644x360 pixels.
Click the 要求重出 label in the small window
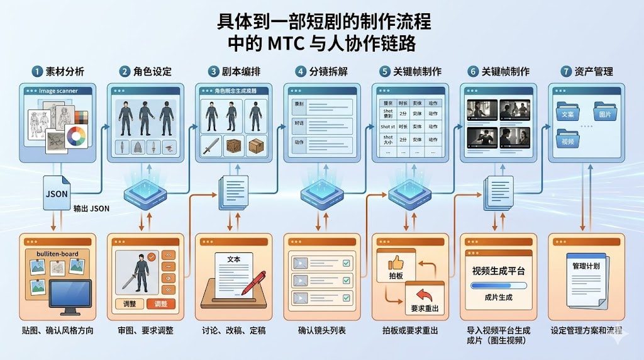425,308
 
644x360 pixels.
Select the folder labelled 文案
568,114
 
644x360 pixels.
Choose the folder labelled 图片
606,114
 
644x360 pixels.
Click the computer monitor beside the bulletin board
70,295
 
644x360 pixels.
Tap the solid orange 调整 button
161,304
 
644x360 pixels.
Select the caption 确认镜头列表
322,330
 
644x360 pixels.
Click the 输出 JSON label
91,208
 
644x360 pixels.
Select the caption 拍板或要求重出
410,330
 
